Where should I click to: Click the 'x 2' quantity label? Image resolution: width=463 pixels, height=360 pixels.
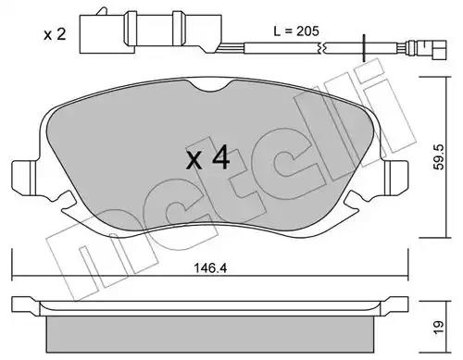pos(55,34)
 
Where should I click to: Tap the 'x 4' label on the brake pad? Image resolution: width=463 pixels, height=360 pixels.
pos(207,158)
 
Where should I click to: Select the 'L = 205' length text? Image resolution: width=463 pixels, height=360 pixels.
pos(296,31)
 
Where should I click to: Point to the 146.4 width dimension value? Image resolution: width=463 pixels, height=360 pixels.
pos(210,268)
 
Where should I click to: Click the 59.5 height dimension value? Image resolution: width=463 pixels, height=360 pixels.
pos(439,156)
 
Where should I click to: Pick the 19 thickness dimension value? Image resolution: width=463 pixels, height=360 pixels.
pos(439,328)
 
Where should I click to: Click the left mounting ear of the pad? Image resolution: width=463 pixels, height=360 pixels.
pos(25,178)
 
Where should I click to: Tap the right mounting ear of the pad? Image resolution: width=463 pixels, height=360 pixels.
pos(395,178)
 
